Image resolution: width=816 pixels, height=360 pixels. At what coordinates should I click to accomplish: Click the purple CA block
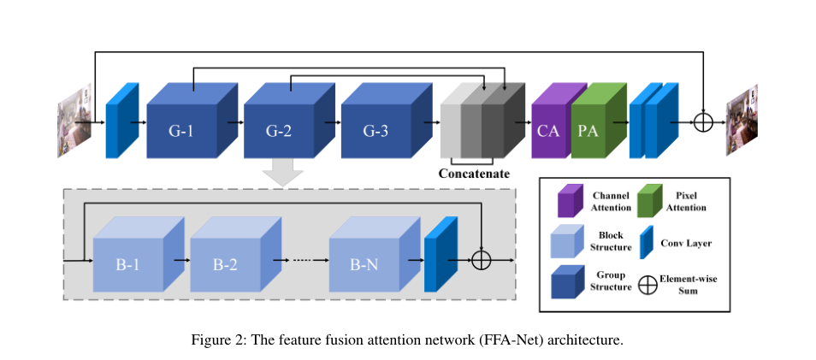tap(548, 132)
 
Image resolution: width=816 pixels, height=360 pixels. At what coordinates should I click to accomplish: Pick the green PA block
tap(588, 132)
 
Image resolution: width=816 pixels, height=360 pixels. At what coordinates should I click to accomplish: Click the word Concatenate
tap(474, 174)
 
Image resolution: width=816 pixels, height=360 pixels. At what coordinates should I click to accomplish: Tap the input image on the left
tap(72, 121)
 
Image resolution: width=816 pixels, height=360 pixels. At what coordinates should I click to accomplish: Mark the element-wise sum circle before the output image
tap(702, 121)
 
